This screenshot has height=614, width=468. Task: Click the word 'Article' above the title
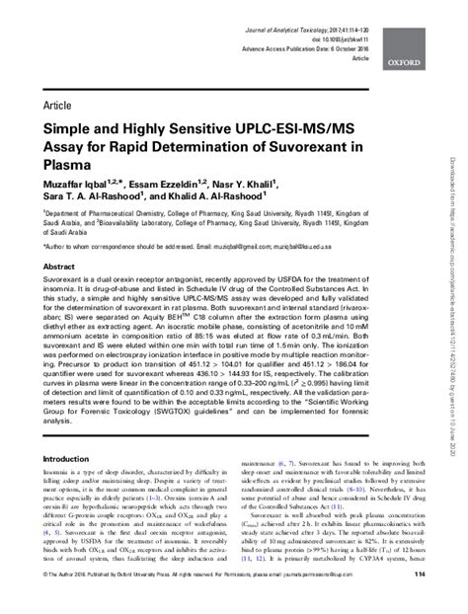coord(60,103)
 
